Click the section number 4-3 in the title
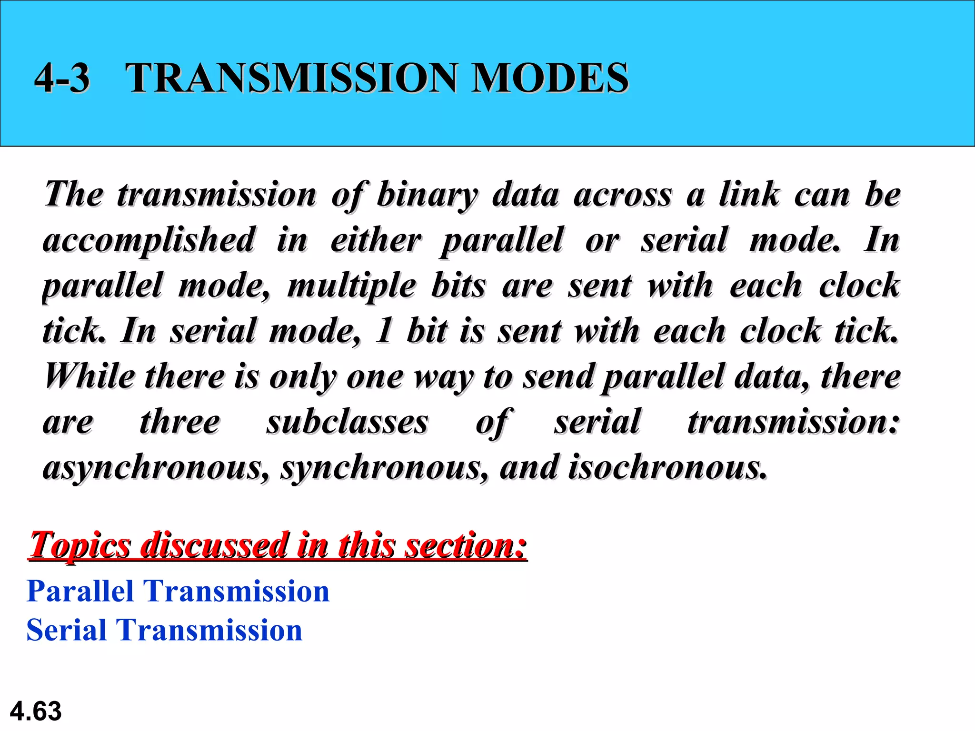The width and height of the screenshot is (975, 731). click(x=62, y=78)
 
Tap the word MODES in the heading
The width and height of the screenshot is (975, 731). click(x=550, y=78)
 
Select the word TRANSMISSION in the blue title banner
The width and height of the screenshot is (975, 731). click(x=291, y=78)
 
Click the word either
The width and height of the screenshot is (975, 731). click(x=376, y=239)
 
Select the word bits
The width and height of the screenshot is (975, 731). click(x=458, y=286)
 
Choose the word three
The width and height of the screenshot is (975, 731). click(x=180, y=422)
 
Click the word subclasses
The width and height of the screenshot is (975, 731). click(x=347, y=422)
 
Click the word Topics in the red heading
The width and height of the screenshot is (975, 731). click(x=80, y=545)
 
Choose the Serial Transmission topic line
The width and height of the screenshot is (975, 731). click(x=164, y=630)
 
